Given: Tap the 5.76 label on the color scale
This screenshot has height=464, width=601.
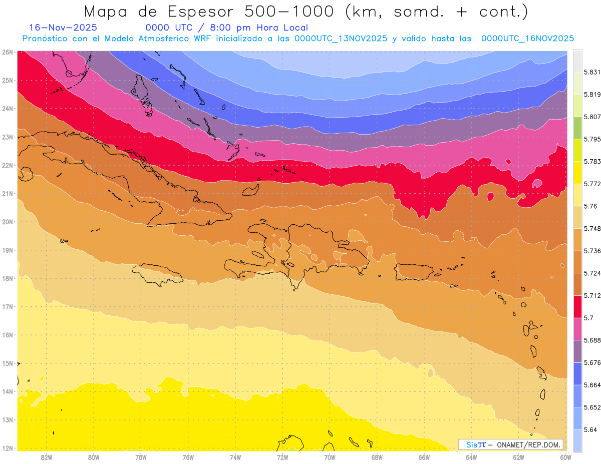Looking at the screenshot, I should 589,206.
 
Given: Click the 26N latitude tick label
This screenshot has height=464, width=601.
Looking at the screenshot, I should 8,52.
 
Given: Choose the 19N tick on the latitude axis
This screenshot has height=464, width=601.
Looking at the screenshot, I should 8,250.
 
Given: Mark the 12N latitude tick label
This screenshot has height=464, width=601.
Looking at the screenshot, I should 8,448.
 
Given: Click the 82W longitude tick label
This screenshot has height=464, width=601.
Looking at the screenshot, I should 47,457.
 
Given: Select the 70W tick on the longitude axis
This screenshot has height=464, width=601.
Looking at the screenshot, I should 330,457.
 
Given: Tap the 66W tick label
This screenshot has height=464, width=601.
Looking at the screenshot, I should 424,457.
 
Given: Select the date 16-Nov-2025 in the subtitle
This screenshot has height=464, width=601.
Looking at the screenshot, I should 63,28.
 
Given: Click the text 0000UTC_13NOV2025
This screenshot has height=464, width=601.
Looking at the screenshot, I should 341,39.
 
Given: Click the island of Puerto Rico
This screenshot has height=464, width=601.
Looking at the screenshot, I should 414,271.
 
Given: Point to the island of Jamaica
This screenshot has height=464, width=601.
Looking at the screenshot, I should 157,274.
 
